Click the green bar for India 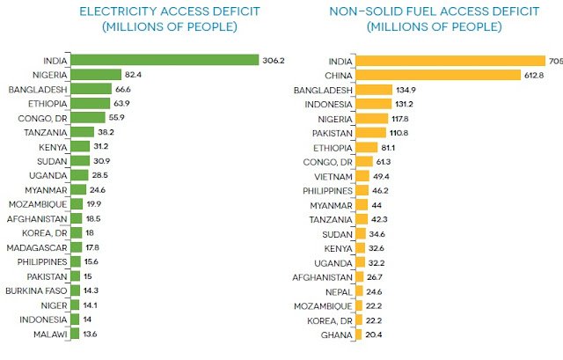[162, 60]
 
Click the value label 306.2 [272, 60]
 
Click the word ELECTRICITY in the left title [114, 11]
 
